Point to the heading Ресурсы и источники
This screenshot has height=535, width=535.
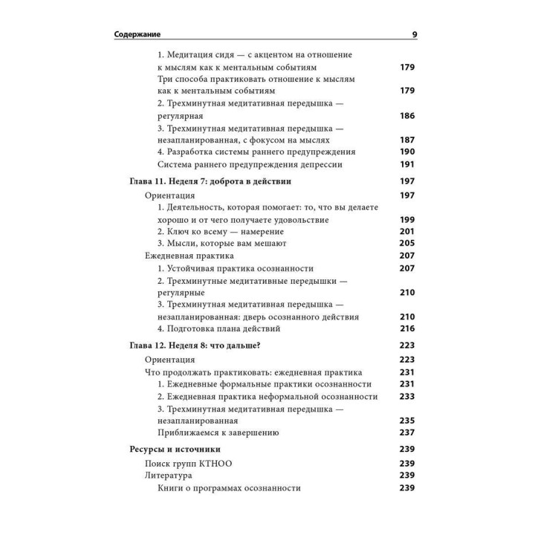[175, 449]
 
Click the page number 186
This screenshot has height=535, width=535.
[406, 116]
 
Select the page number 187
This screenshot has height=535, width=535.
[406, 140]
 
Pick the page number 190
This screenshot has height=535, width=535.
[406, 152]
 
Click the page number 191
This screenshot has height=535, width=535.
[406, 164]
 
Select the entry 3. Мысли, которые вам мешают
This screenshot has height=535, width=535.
[222, 243]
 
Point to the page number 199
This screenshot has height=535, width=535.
[406, 220]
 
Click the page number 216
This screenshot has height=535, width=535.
[406, 328]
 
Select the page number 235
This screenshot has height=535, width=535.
[406, 420]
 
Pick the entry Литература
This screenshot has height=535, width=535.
[168, 476]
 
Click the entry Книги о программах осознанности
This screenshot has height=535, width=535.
[229, 488]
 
